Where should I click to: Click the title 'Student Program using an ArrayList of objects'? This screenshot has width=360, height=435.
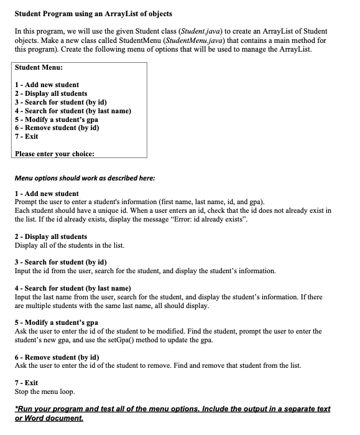click(93, 14)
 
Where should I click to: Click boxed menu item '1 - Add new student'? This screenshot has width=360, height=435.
click(47, 85)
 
